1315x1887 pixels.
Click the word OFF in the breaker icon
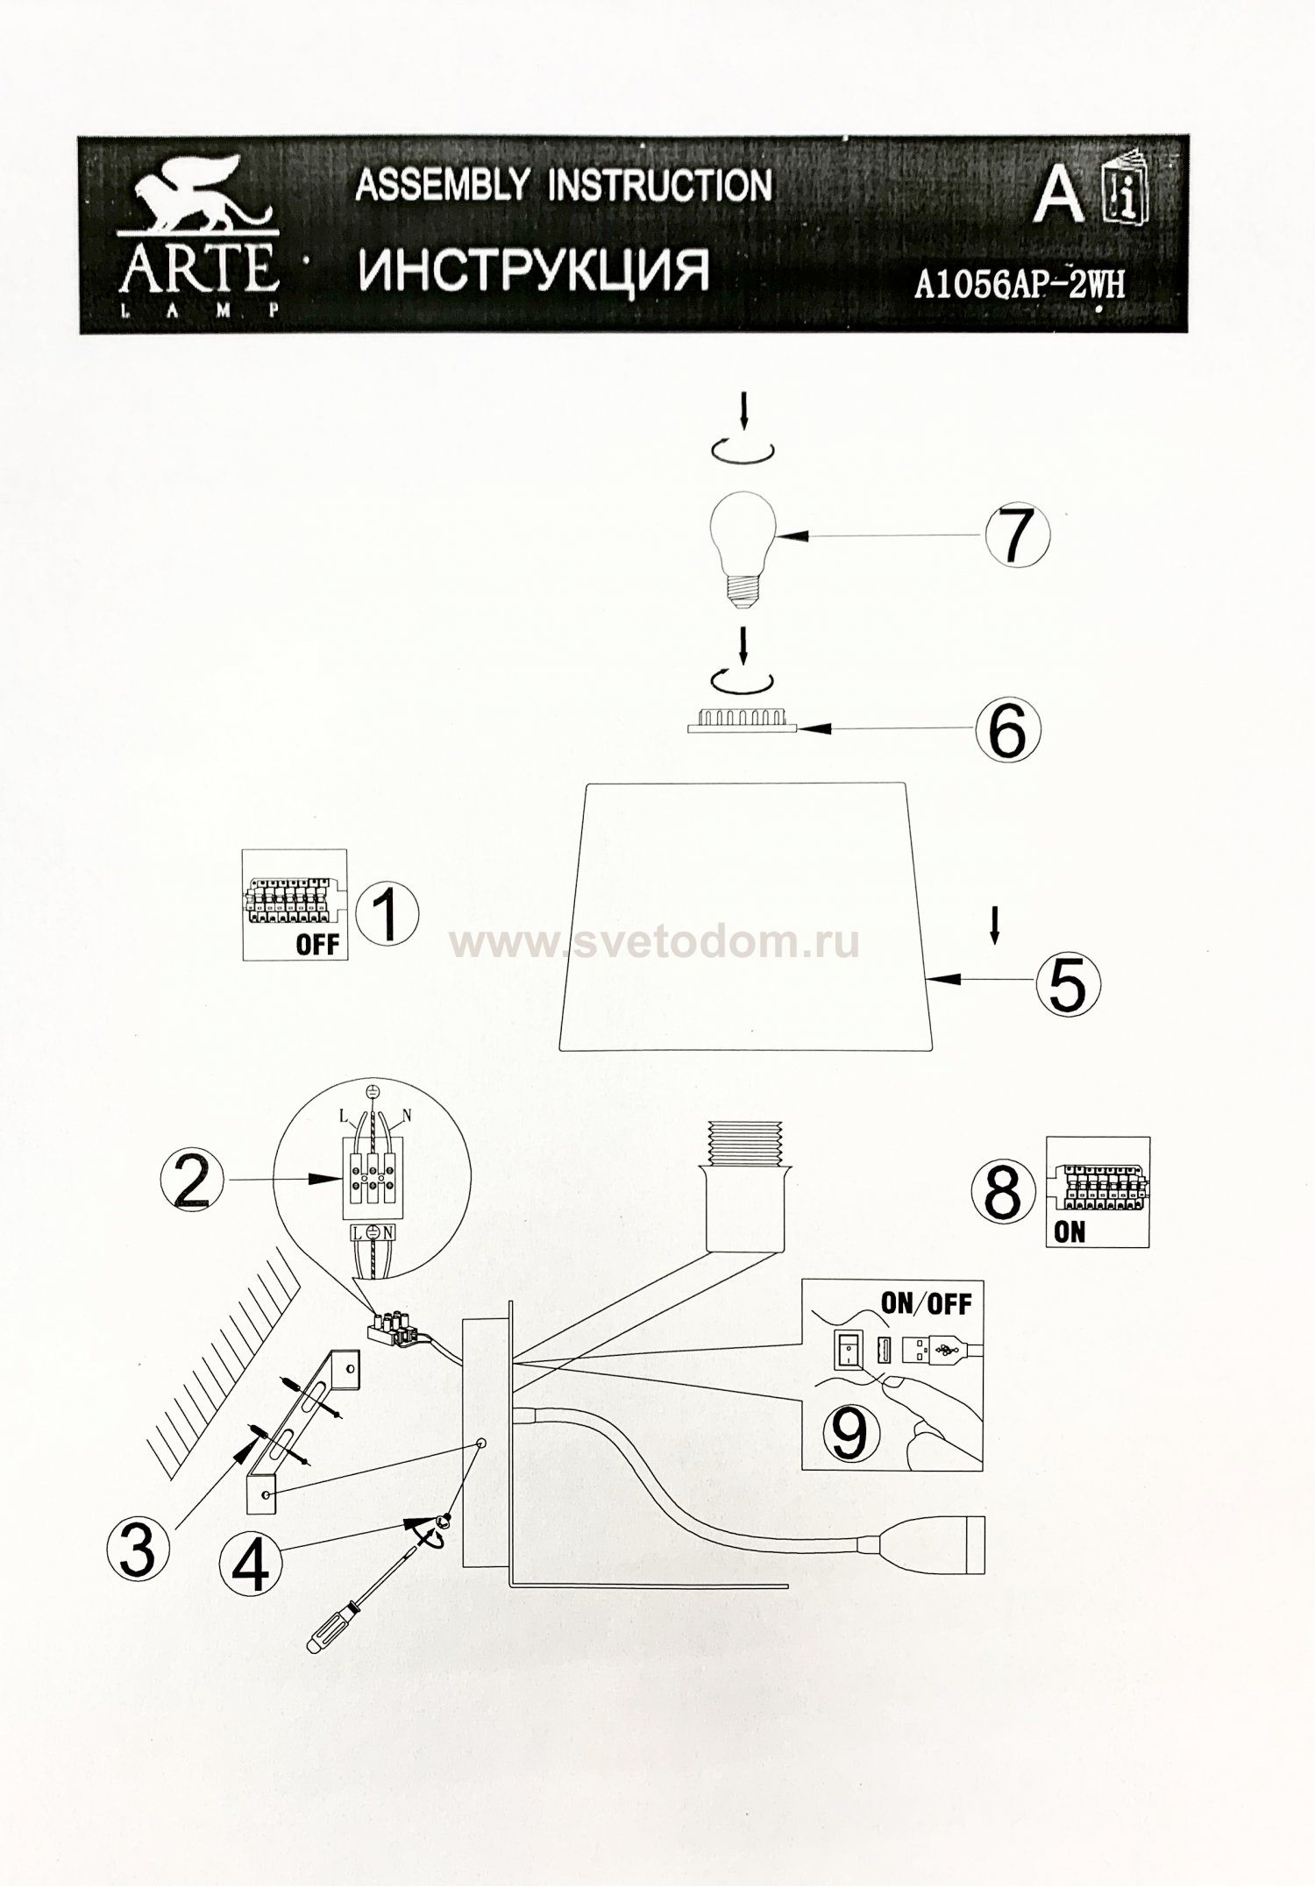pos(316,945)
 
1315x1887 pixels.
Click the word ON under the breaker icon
pos(1070,1231)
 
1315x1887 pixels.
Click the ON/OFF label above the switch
pos(926,1303)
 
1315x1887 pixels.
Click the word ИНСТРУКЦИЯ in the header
pos(534,271)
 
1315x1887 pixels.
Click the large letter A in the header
pos(1057,196)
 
